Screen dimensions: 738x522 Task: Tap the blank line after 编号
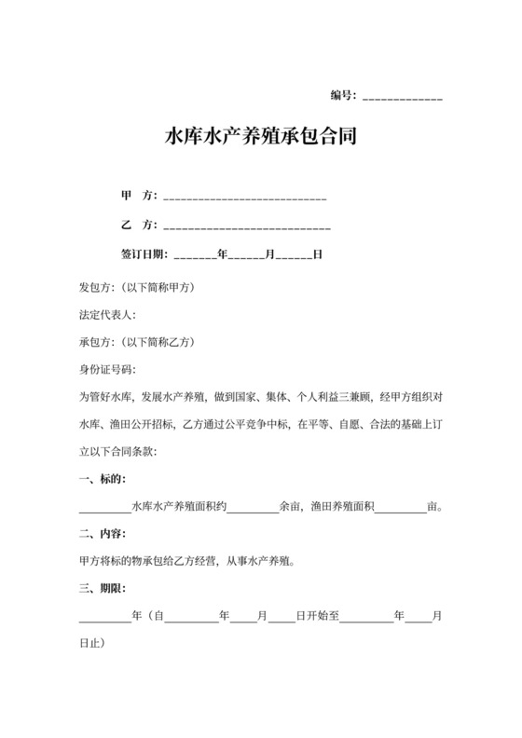(402, 97)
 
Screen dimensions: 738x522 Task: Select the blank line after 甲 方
(244, 198)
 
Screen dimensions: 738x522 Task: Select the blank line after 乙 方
(247, 226)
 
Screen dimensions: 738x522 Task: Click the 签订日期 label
(144, 253)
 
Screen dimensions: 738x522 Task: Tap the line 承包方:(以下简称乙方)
(136, 341)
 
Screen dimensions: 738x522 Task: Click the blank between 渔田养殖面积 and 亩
(400, 508)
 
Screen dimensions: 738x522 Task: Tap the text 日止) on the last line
(91, 644)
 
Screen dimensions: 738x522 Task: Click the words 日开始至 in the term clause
(319, 617)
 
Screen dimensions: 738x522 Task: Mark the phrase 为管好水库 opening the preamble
(107, 397)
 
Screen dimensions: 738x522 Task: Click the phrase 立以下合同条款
(119, 452)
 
